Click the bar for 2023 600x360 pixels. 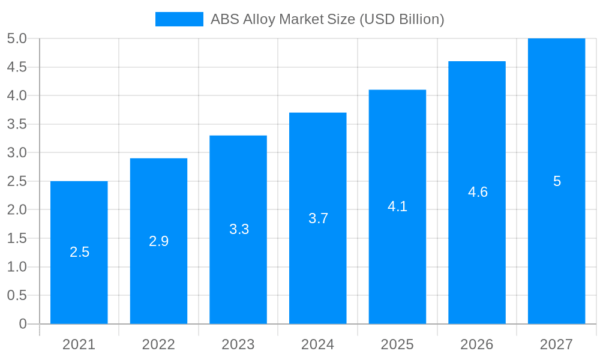[238, 276]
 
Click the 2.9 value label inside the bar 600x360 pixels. [159, 241]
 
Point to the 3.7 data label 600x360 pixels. [318, 218]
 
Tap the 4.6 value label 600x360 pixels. [478, 192]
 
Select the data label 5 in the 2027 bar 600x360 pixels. [557, 181]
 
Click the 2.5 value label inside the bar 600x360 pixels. [79, 252]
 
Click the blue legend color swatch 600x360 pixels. [179, 19]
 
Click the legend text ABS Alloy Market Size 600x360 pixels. [327, 19]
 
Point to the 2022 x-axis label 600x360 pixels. [158, 344]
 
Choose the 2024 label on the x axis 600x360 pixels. [317, 344]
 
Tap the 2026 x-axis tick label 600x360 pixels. [477, 344]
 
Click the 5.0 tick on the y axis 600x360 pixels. [17, 38]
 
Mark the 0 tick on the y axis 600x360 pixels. [23, 324]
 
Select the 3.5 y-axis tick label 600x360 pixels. [17, 124]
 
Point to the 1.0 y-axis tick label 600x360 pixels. [17, 267]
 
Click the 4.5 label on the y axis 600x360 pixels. [17, 67]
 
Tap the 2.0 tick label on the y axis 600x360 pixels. [17, 210]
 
